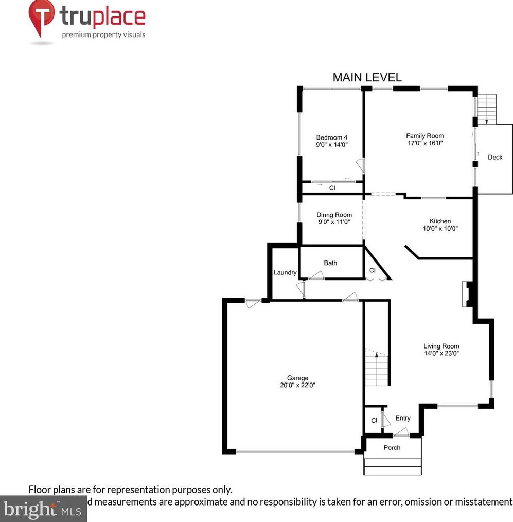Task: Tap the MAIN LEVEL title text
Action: (x=367, y=78)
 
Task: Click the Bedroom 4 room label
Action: (x=332, y=137)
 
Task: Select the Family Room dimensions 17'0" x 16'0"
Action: (x=424, y=144)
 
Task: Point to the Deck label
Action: (x=495, y=157)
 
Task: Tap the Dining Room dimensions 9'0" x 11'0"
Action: (x=334, y=222)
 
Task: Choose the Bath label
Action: (x=330, y=263)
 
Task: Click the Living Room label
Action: (x=441, y=346)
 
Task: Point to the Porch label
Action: (x=392, y=447)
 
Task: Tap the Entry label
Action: (x=403, y=419)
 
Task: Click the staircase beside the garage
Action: (x=377, y=367)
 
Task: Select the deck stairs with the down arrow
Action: (x=487, y=109)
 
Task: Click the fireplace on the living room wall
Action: (x=467, y=294)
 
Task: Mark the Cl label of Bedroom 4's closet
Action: (x=332, y=188)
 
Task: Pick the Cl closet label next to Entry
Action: (x=374, y=421)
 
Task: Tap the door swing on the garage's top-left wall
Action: (x=252, y=303)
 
